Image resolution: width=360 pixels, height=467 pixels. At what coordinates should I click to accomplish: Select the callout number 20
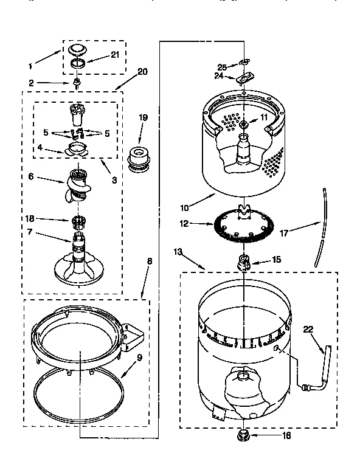(x=143, y=71)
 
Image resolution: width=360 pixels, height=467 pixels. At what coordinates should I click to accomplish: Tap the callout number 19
(x=143, y=118)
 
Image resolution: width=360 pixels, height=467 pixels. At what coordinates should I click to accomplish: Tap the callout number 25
(x=222, y=66)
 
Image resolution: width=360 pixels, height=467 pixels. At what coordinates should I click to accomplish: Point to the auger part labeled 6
(x=76, y=186)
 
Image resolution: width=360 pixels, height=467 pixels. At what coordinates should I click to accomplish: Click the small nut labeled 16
(x=244, y=435)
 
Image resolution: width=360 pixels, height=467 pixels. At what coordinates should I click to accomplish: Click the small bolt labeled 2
(x=78, y=83)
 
